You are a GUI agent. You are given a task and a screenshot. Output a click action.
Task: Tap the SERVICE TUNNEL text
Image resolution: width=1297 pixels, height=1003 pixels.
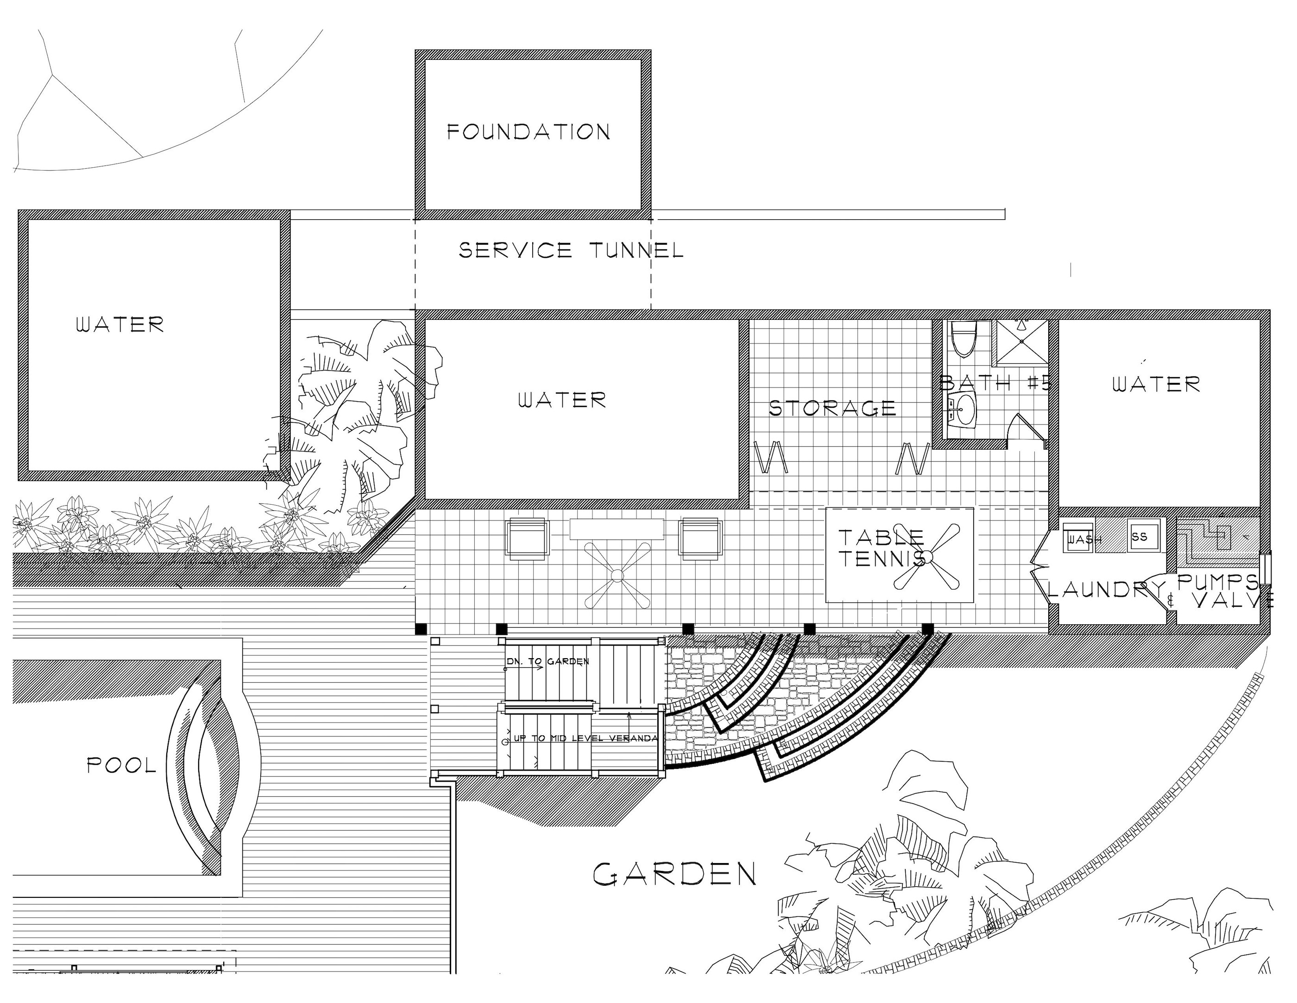coord(571,250)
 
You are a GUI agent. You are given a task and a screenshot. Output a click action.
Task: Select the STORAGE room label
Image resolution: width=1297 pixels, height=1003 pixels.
coord(832,408)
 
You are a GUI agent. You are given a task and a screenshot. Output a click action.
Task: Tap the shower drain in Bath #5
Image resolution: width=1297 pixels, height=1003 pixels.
coord(1021,342)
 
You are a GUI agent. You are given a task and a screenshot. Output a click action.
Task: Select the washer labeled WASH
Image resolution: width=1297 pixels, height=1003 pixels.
coord(1078,537)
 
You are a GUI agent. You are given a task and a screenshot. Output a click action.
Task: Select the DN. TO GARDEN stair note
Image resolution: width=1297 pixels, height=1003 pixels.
coord(548,661)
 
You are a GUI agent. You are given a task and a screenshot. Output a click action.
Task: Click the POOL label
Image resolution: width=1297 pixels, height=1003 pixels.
coord(122,765)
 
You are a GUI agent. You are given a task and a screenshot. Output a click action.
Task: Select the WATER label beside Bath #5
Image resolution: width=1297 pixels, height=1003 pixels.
coord(1156,384)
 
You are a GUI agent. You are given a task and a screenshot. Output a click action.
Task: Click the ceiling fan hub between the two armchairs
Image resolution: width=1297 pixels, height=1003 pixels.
coord(617,575)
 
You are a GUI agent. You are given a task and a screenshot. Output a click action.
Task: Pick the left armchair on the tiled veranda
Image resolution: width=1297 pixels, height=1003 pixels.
coord(526,538)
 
